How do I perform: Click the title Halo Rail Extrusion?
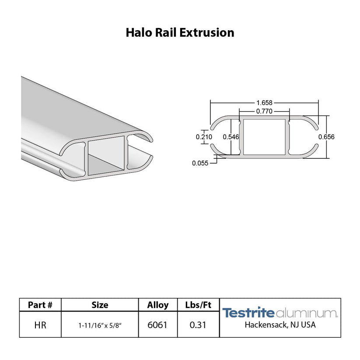(180, 33)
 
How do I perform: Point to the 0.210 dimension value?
(204, 137)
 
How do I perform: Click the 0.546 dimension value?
(231, 137)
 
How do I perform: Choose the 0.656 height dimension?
(326, 137)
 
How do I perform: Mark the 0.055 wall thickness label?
(200, 163)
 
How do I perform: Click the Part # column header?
(40, 305)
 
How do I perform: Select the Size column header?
(100, 305)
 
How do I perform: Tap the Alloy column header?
(158, 305)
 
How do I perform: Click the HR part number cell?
(40, 325)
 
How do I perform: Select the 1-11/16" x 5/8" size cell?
(100, 325)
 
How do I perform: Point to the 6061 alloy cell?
(158, 325)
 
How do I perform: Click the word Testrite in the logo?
(248, 313)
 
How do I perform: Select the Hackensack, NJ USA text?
(280, 325)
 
